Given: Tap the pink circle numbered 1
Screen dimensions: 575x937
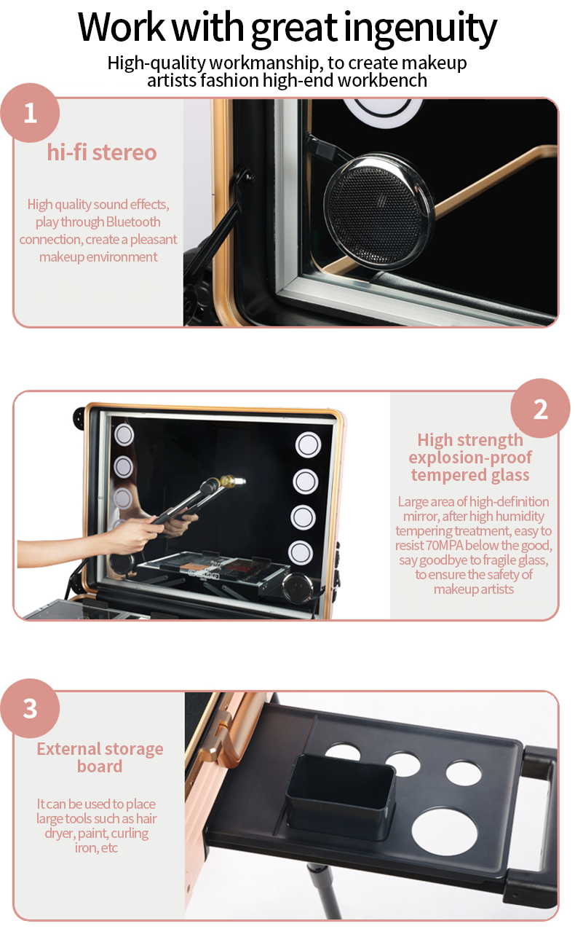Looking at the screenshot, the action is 30,113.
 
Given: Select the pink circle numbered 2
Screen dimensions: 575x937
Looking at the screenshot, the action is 540,409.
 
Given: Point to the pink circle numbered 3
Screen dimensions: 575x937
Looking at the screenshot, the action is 30,709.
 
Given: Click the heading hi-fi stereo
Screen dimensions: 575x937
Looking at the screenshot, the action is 102,152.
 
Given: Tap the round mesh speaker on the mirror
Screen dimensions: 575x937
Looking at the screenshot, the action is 378,211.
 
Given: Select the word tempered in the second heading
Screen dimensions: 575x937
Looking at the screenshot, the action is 447,475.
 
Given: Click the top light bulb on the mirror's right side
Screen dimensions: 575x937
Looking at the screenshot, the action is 308,444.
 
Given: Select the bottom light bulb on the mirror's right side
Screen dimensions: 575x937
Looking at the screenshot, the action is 301,552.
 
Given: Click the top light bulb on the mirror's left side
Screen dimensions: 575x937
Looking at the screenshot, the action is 124,434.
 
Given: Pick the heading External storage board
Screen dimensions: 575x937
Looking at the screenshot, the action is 100,758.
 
